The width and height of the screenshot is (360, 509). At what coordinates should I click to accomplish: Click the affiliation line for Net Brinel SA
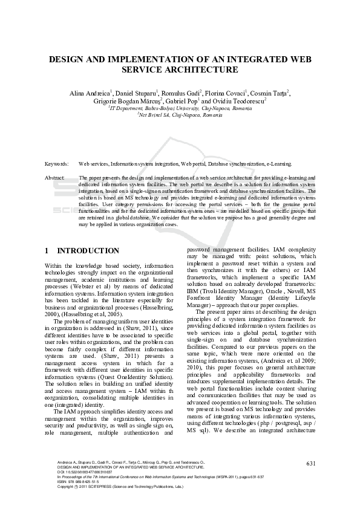[180, 114]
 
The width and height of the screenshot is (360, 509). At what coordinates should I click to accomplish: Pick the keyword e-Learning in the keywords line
[278, 164]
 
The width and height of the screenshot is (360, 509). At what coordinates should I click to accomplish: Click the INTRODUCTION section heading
[88, 250]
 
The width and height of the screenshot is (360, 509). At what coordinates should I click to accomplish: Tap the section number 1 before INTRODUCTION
[47, 250]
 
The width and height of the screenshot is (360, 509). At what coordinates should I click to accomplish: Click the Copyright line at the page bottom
[111, 487]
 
